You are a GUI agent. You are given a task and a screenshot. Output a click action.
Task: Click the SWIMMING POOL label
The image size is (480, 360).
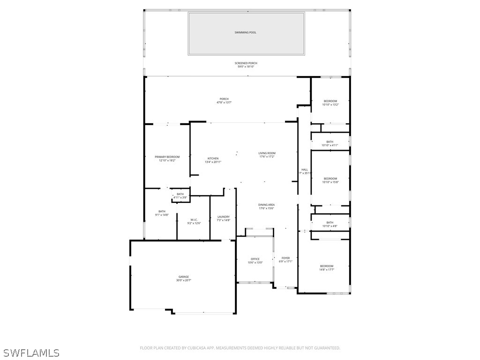(x=246, y=32)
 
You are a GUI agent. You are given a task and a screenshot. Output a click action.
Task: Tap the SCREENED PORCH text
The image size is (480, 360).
(x=246, y=63)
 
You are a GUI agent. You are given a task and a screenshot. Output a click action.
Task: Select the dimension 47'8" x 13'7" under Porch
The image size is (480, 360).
(x=224, y=102)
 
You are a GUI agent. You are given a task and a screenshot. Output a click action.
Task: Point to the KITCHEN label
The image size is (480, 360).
(x=213, y=158)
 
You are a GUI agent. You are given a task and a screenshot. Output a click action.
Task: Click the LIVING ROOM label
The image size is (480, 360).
(x=267, y=153)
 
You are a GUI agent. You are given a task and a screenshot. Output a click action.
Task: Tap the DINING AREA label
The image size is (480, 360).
(x=266, y=205)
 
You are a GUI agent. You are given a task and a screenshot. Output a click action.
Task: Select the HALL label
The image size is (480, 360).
(x=305, y=169)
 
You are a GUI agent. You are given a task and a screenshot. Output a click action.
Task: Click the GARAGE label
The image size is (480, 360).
(x=183, y=277)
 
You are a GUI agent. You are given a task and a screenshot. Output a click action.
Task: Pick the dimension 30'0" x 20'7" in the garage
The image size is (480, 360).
(x=183, y=280)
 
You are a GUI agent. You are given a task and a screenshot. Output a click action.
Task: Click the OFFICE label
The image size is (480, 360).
(x=255, y=259)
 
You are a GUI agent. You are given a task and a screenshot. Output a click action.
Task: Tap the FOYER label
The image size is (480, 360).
(x=285, y=258)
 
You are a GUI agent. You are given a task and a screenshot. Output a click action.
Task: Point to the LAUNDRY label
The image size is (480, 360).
(x=223, y=217)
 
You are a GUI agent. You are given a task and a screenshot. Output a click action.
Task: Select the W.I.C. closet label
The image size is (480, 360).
(x=194, y=220)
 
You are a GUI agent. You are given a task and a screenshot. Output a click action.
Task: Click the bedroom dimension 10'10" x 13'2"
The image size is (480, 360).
(x=330, y=105)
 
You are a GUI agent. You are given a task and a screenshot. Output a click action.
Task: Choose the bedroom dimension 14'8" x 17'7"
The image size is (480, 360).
(x=326, y=270)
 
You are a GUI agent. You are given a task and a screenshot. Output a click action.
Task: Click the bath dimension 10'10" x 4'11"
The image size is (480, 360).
(x=330, y=145)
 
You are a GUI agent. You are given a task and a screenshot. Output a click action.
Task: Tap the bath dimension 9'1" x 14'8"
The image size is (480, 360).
(x=162, y=215)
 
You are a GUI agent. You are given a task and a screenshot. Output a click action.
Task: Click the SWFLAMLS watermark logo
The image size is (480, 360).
(x=31, y=352)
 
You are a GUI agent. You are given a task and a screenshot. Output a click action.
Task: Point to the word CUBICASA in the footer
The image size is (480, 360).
(x=200, y=348)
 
